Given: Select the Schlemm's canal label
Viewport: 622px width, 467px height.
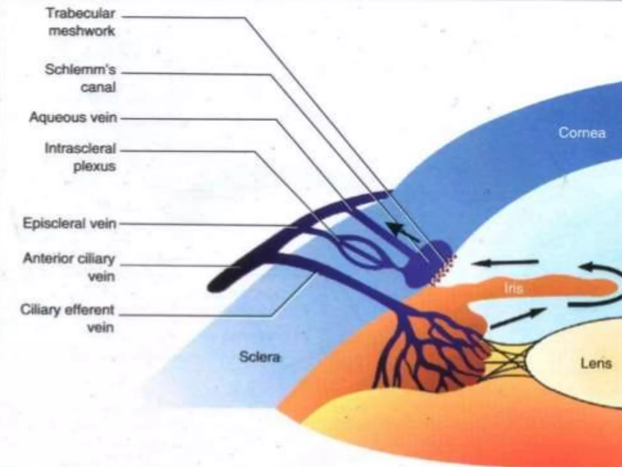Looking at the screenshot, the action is point(80,78).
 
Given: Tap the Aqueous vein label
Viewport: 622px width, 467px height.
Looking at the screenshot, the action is point(73,117).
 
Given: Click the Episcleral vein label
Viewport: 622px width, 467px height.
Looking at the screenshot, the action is point(70,224).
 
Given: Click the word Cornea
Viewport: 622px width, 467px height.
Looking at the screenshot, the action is point(582,133).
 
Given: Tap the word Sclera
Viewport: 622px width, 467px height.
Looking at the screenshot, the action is point(259,357).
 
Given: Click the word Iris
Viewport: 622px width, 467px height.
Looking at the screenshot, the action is point(513,288).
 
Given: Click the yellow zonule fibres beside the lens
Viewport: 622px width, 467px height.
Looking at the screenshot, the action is point(507,360).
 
